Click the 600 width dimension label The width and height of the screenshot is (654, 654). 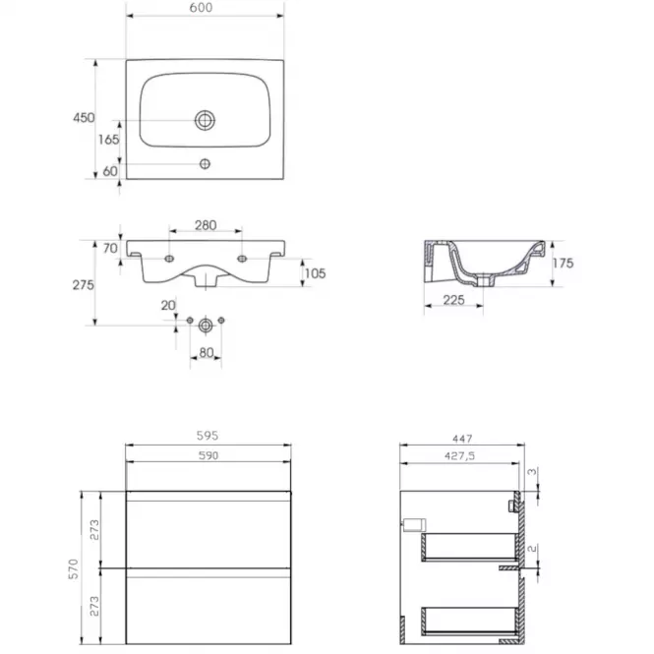201,8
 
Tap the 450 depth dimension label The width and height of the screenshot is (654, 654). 84,118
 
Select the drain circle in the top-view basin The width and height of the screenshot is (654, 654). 205,120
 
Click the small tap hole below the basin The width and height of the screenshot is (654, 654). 205,164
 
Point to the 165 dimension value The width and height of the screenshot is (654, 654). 108,140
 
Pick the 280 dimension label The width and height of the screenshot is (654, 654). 206,225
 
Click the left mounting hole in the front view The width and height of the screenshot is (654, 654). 169,259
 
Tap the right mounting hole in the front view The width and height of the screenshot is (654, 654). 242,259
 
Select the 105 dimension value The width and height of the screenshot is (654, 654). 315,273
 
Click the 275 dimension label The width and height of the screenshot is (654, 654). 83,285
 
